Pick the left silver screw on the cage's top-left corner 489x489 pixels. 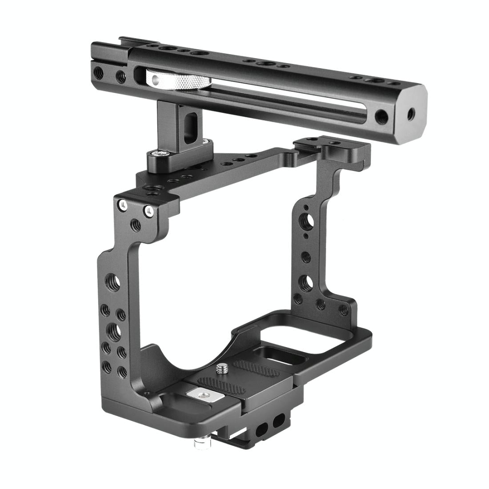point(121,204)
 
